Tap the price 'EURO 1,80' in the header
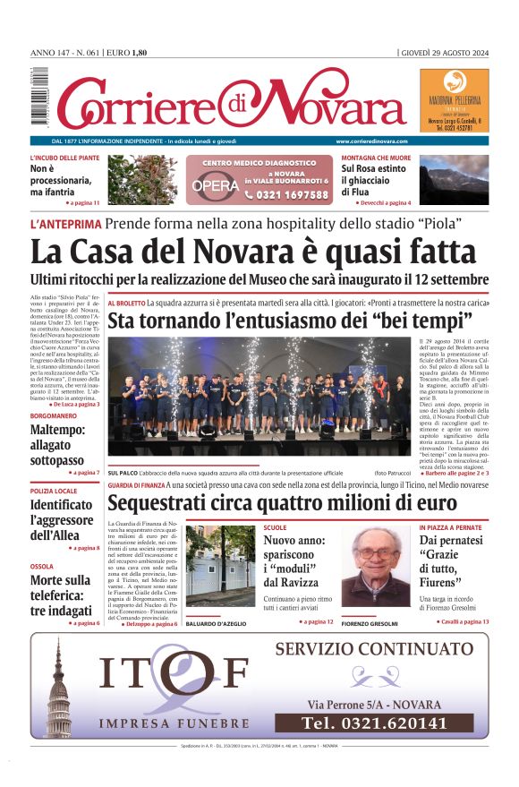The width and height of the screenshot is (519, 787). point(126,53)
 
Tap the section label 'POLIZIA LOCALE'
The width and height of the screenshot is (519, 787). point(55,492)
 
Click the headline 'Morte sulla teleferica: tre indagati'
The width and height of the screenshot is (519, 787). point(62,595)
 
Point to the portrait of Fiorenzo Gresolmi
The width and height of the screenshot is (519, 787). point(374,567)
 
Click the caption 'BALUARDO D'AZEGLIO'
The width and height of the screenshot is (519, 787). point(219,623)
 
